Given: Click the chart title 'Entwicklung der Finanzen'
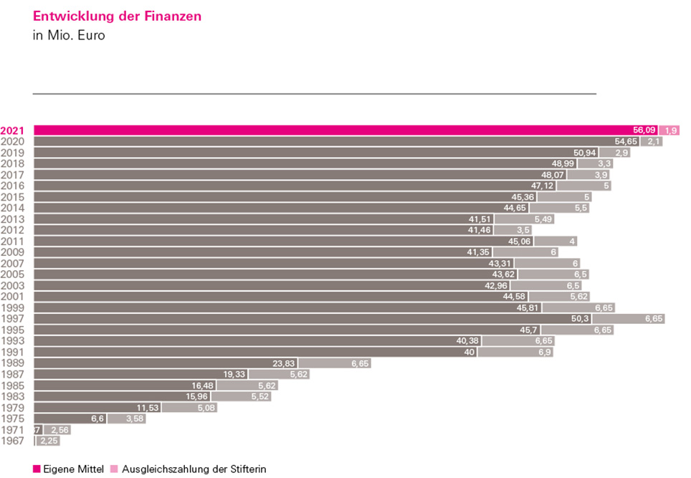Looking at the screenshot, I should coord(117,16).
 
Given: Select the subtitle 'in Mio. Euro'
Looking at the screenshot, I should coord(69,35).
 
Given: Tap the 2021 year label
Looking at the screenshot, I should coord(14,130).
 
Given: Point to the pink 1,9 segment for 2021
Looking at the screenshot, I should coord(669,130).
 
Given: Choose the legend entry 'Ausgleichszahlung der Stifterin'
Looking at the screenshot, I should coord(189,469).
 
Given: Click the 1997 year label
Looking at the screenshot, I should coord(14,318).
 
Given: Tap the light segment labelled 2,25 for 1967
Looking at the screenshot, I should coord(48,441).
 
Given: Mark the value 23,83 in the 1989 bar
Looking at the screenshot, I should coord(285,363).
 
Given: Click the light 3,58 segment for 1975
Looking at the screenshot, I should coord(126,419).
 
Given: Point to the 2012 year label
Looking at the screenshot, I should coord(14,230).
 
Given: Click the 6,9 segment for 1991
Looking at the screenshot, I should coord(515,352).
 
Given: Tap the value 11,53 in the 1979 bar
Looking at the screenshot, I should coord(147,408).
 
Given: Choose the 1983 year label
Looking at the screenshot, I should coord(14,396).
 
